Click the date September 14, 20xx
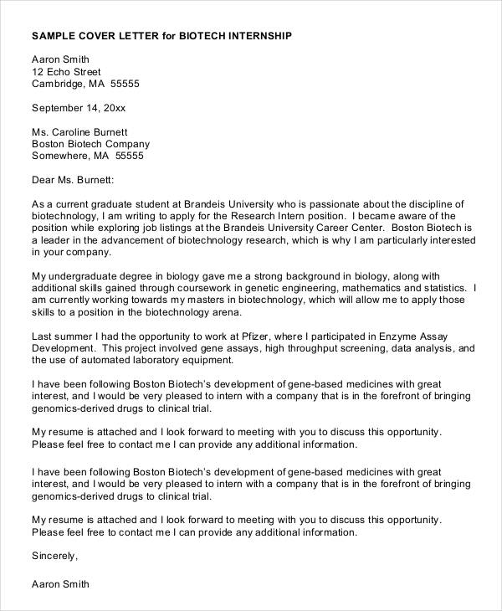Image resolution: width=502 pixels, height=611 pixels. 78,107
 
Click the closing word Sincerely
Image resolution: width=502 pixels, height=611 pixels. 54,555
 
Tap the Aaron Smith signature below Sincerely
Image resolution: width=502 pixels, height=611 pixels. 59,583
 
